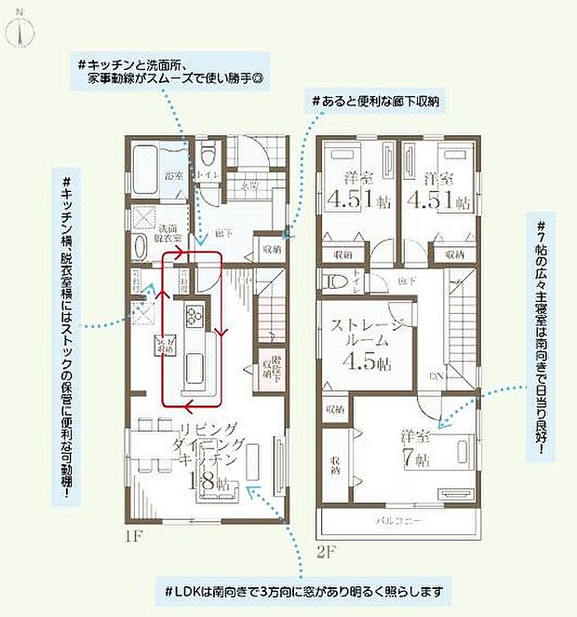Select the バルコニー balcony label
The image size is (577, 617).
(402, 518)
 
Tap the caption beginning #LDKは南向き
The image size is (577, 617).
(295, 590)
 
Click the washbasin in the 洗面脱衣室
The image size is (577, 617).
(140, 250)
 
